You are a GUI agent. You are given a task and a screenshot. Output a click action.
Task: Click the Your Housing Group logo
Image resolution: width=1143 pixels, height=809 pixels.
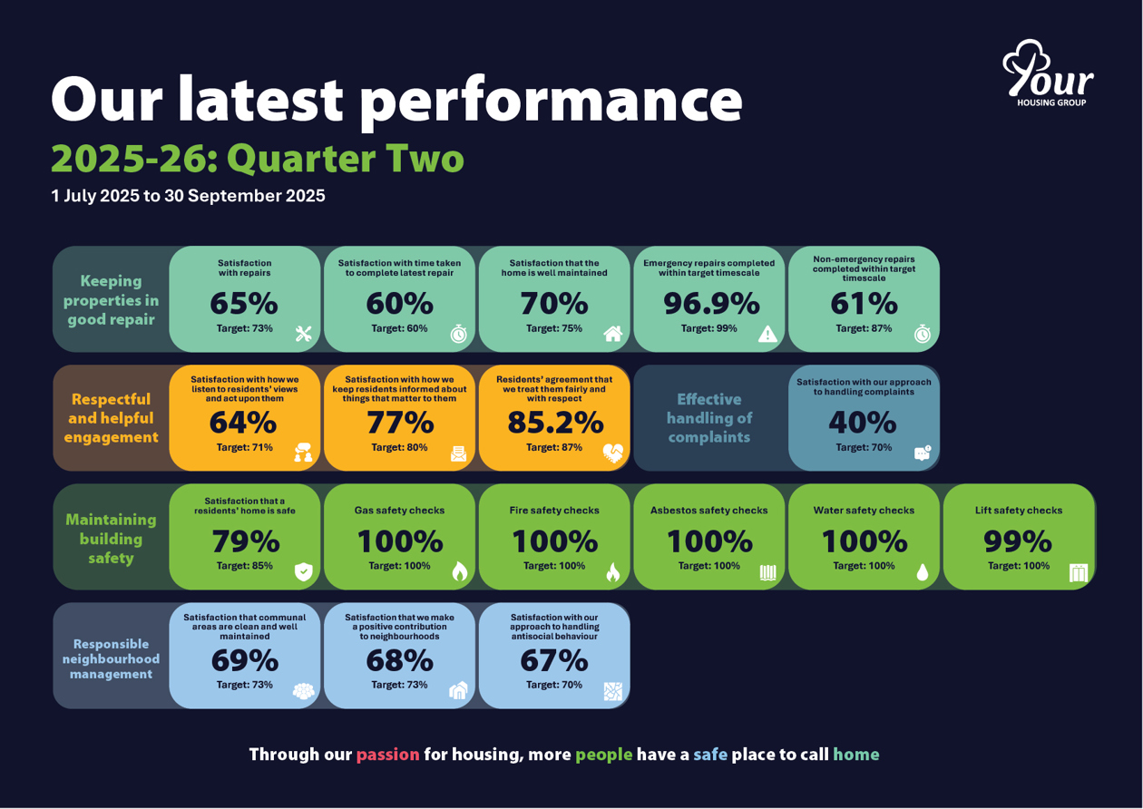tap(1047, 73)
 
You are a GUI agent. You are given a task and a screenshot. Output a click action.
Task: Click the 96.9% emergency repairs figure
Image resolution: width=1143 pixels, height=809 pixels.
tap(710, 303)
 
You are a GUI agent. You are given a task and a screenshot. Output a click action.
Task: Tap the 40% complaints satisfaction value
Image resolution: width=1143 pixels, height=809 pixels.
tap(863, 423)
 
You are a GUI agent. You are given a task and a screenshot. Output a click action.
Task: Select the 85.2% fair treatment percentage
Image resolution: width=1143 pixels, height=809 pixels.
tap(555, 423)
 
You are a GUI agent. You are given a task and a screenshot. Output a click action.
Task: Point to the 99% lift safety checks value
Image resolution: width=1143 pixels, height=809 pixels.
tap(1018, 541)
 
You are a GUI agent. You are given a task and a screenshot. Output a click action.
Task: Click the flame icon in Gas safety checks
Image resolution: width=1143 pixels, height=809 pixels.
tap(459, 571)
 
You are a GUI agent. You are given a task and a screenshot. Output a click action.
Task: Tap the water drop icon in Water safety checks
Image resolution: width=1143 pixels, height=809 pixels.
tap(923, 571)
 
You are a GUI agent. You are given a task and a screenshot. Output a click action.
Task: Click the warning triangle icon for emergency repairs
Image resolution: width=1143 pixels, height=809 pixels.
tap(767, 335)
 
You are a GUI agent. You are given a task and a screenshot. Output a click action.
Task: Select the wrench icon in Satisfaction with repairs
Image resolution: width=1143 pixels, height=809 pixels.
tap(304, 335)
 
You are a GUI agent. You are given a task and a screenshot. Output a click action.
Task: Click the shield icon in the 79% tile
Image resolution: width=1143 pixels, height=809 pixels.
tap(304, 571)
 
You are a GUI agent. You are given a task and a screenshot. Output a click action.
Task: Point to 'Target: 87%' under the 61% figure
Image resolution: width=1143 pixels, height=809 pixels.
tap(863, 328)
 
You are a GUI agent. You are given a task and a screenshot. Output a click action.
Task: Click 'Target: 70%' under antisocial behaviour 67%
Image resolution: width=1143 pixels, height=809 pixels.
tap(553, 685)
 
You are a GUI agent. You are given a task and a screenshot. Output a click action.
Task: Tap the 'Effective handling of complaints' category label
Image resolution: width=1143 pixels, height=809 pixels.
tap(708, 418)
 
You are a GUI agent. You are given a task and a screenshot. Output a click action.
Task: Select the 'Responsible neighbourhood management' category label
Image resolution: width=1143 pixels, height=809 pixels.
tap(111, 659)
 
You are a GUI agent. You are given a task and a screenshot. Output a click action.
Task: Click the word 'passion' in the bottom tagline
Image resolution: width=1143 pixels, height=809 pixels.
tap(387, 755)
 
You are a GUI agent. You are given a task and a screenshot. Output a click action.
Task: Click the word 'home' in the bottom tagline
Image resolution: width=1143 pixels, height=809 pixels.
tap(855, 755)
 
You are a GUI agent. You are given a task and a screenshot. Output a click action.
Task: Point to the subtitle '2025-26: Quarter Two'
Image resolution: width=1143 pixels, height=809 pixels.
tap(258, 159)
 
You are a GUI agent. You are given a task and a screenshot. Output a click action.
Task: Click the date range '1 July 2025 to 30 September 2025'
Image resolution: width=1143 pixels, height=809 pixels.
tap(188, 196)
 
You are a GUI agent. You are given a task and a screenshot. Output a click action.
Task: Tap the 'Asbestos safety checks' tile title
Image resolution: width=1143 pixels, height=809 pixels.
tap(708, 511)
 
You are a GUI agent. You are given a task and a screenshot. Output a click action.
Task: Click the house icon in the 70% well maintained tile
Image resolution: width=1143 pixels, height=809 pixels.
tap(613, 335)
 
